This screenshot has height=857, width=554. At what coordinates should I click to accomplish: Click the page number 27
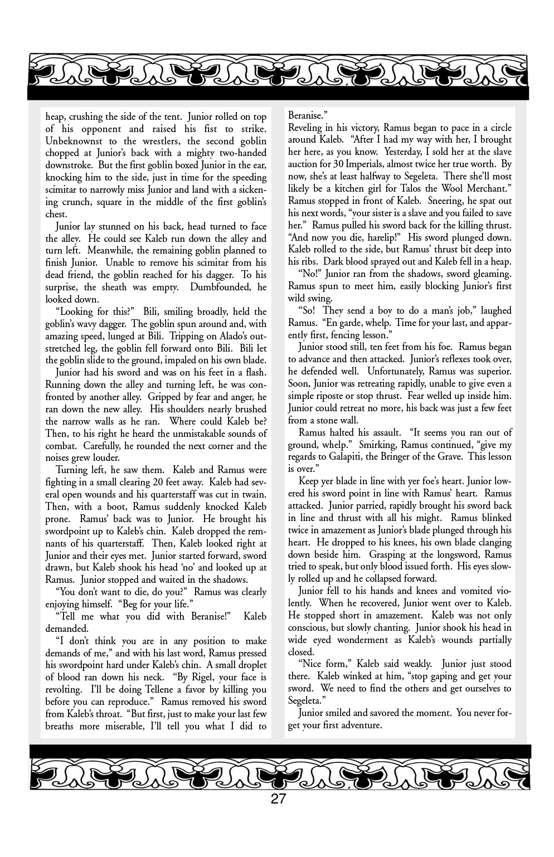click(278, 799)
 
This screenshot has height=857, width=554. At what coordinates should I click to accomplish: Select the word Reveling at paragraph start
click(305, 128)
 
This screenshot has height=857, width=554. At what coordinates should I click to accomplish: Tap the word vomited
click(476, 591)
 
